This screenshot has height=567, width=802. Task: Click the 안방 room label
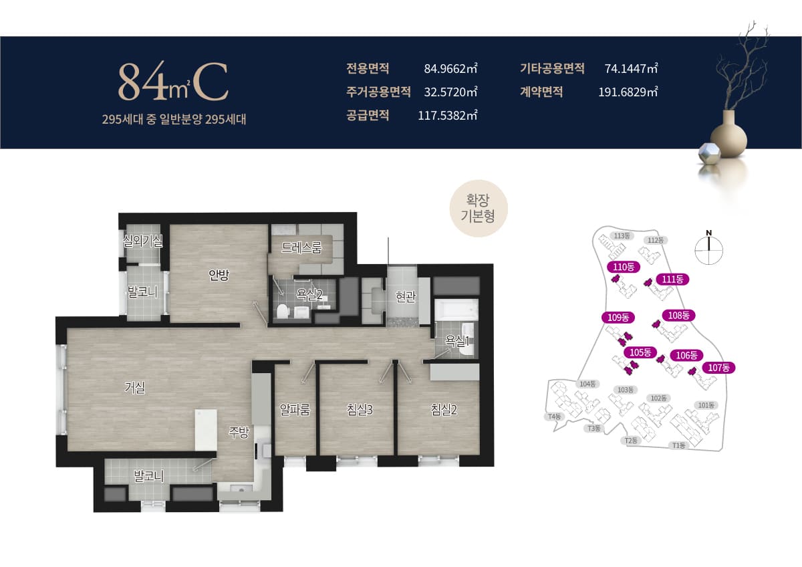coord(219,275)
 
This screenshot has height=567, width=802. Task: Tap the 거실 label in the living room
coord(134,388)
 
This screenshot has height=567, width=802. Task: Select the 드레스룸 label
coord(301,247)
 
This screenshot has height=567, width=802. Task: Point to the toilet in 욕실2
coord(283,310)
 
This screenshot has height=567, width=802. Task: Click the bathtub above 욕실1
coord(456,310)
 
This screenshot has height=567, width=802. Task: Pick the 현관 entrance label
coord(406,296)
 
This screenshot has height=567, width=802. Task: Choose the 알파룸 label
coord(295,409)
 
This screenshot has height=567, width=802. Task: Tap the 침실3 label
coord(360,409)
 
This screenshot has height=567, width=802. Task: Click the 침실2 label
coord(444,409)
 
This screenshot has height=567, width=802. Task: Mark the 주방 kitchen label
coord(239,433)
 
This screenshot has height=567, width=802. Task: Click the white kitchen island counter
coord(206,430)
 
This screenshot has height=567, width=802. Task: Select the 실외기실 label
coord(142,241)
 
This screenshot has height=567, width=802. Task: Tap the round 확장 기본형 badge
coord(479,209)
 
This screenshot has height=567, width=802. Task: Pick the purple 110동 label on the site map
coord(624,267)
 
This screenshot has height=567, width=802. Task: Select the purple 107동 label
coord(718,368)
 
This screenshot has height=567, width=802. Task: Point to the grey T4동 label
coord(554,417)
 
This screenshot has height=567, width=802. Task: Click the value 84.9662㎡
coord(450,68)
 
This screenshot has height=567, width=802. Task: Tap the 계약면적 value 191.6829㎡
coord(628,92)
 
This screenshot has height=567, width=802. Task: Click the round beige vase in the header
coord(728,136)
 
